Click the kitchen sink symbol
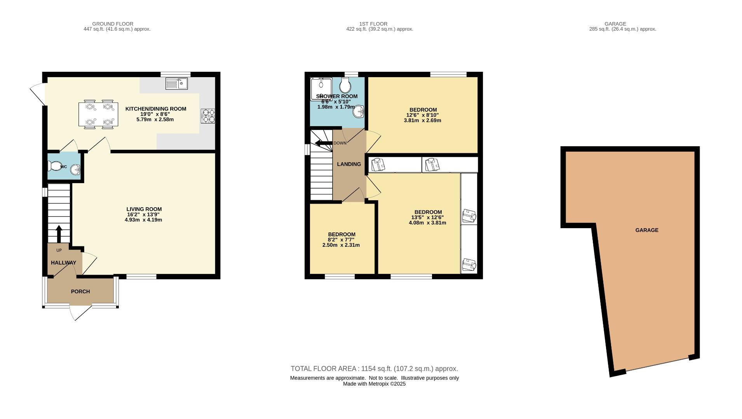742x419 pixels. point(176,83)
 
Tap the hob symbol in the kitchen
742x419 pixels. point(208,116)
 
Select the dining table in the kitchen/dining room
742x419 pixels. point(98,114)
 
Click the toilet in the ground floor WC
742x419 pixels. point(54,166)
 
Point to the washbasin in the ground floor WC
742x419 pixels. point(75,170)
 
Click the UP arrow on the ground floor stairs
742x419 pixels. point(59,234)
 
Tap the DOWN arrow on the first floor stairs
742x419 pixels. point(324,143)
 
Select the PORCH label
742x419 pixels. point(80,291)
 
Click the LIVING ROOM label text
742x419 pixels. point(144,209)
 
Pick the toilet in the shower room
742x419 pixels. point(345,84)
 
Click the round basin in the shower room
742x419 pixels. point(358,112)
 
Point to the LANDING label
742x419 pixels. point(349,164)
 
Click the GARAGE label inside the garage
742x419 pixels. point(647,230)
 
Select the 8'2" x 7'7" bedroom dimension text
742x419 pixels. point(341,240)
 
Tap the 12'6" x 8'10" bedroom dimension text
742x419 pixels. point(423,115)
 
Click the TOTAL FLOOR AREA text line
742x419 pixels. point(374,369)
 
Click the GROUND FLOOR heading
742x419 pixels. point(113,24)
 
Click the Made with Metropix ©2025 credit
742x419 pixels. point(374,384)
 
